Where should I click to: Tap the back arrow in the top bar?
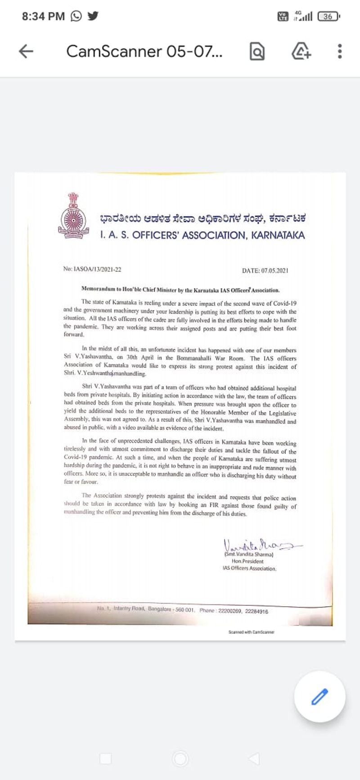click(x=26, y=51)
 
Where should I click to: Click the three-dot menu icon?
click(x=339, y=51)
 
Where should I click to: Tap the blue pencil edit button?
click(x=319, y=697)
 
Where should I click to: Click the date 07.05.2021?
click(x=265, y=271)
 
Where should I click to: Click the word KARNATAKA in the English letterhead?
click(x=278, y=235)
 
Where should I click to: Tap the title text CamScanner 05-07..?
click(x=144, y=51)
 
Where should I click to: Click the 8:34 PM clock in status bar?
click(x=43, y=17)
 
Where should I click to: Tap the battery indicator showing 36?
click(x=328, y=17)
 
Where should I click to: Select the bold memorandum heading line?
click(x=180, y=290)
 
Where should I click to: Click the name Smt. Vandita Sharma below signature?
click(x=248, y=555)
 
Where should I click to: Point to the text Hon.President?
click(x=247, y=561)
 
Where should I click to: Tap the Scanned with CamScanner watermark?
click(x=251, y=632)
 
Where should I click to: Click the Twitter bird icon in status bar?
click(x=93, y=17)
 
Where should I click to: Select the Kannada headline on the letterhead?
click(x=203, y=219)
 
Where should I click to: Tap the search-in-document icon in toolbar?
click(x=256, y=51)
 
